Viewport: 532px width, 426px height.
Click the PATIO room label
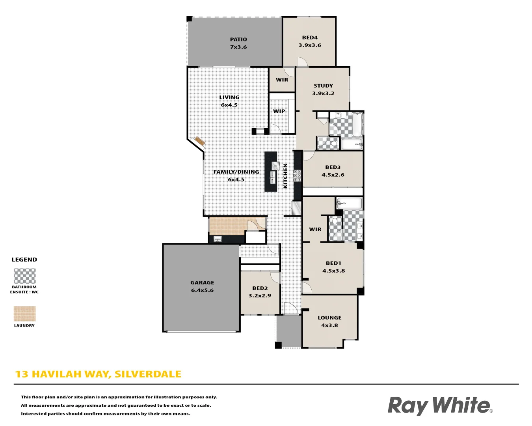click(x=238, y=39)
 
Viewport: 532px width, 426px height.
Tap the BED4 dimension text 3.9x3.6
click(x=310, y=45)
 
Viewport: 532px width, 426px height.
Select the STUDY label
click(x=323, y=86)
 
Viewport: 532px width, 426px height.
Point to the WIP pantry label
click(x=279, y=111)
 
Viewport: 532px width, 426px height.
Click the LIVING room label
click(x=229, y=97)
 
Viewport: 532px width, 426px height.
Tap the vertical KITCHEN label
click(x=285, y=176)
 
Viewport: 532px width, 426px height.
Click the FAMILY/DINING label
click(x=236, y=172)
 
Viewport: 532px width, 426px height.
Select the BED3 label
click(x=333, y=167)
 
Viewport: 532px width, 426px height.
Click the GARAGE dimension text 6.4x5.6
click(x=202, y=290)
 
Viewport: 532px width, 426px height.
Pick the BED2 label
click(x=260, y=288)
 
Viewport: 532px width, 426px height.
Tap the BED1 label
click(x=333, y=263)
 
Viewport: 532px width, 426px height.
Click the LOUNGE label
click(x=329, y=318)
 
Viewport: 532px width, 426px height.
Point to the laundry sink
click(x=218, y=239)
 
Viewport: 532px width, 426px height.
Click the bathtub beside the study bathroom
click(x=357, y=124)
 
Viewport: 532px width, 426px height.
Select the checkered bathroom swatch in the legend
click(x=24, y=276)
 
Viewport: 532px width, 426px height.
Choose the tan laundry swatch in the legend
click(x=24, y=314)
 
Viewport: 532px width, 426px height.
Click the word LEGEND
click(x=24, y=260)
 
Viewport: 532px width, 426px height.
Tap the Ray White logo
click(x=440, y=405)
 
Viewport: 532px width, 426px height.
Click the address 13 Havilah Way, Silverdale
click(x=98, y=374)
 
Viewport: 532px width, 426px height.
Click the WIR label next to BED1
click(x=315, y=229)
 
